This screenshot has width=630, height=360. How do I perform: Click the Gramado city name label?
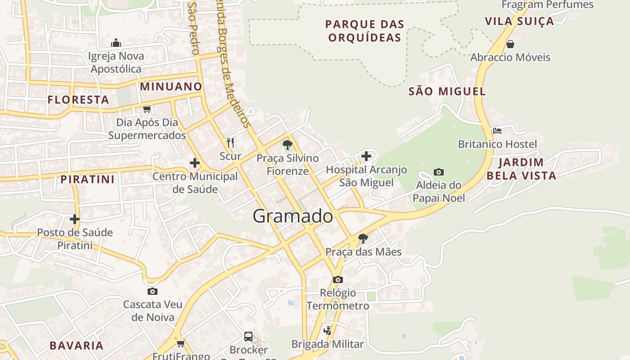[293, 216]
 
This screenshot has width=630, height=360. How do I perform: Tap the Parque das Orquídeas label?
[364, 31]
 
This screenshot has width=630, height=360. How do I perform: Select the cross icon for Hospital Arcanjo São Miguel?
[366, 157]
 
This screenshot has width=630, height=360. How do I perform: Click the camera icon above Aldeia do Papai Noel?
[439, 172]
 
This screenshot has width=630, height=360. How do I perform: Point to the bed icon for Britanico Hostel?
[497, 131]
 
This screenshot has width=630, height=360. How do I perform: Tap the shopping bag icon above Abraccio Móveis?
[510, 44]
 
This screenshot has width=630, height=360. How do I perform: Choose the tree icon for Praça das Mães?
[363, 238]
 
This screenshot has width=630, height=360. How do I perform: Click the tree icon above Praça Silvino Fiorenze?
[287, 145]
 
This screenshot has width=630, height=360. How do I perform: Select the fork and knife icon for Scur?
[230, 143]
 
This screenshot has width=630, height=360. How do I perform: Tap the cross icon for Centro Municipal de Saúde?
[195, 163]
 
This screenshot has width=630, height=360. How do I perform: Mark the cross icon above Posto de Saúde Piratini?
[75, 219]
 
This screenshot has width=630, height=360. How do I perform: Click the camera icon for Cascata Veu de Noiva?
[153, 291]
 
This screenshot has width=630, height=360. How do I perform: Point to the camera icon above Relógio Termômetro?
[338, 279]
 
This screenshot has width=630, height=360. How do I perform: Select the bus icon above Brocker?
[248, 336]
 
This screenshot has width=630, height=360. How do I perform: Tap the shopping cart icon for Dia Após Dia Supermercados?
[147, 109]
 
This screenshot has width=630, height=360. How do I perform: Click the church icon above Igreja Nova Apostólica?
[116, 43]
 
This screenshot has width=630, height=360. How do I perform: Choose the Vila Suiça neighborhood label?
[519, 21]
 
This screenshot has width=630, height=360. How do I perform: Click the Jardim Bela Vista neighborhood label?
[521, 169]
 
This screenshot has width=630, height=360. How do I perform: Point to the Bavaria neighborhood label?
[76, 346]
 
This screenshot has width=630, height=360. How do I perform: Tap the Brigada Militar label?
[328, 344]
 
